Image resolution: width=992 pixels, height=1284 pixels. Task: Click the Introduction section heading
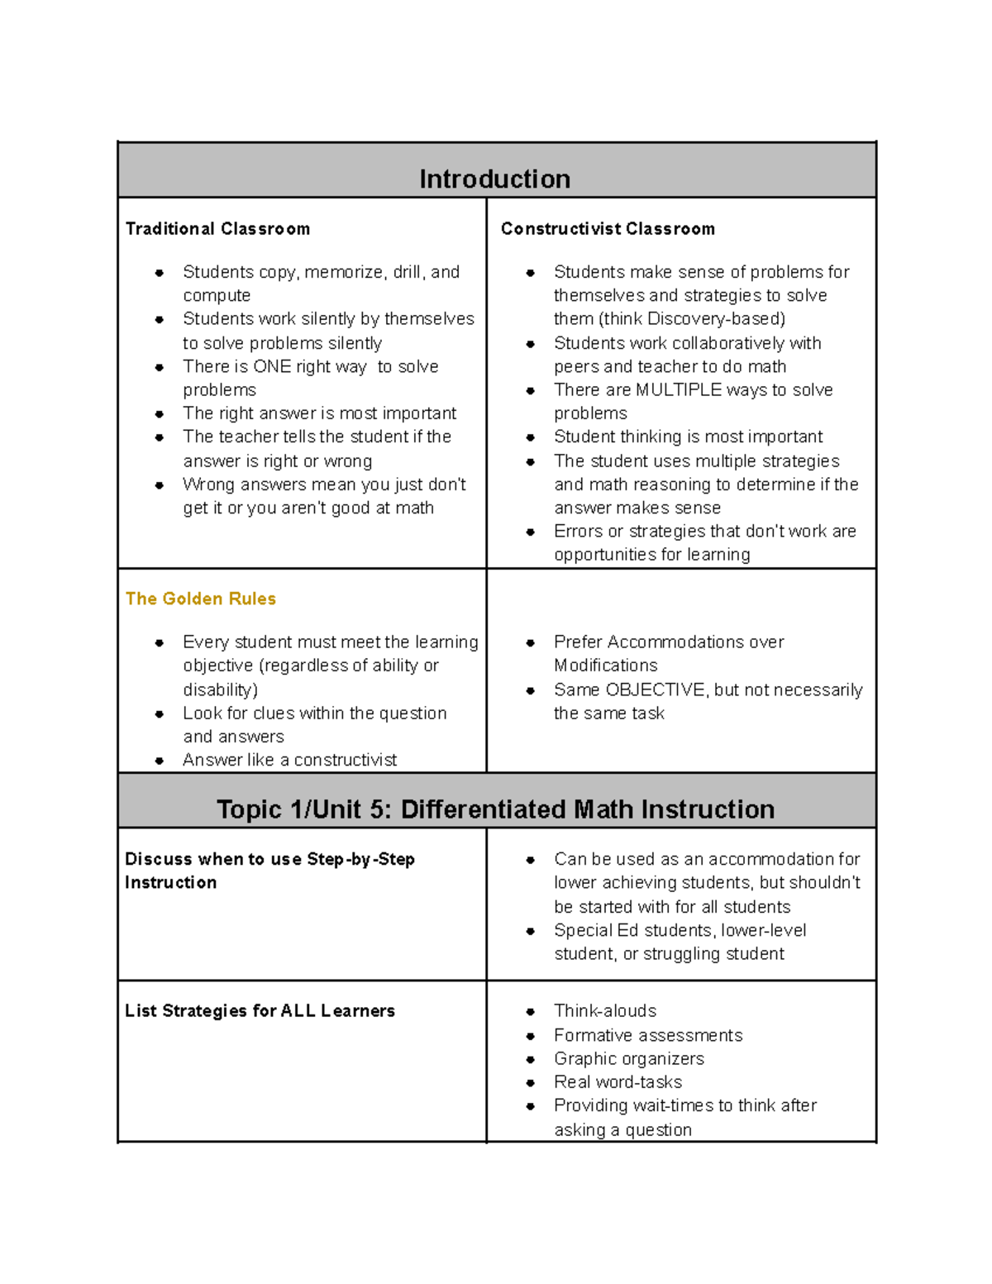pyautogui.click(x=494, y=179)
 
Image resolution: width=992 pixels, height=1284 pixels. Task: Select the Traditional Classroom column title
pyautogui.click(x=217, y=229)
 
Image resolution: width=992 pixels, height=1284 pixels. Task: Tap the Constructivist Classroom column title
pyautogui.click(x=608, y=229)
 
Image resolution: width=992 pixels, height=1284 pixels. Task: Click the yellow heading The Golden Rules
pyautogui.click(x=200, y=599)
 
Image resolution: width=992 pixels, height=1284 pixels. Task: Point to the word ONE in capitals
pyautogui.click(x=272, y=366)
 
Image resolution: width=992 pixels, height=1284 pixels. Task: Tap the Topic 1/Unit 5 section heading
pyautogui.click(x=495, y=809)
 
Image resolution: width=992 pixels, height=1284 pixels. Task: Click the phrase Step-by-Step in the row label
pyautogui.click(x=360, y=859)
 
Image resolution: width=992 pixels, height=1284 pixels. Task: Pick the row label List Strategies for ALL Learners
pyautogui.click(x=260, y=1010)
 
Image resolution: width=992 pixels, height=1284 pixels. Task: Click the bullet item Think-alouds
pyautogui.click(x=604, y=1010)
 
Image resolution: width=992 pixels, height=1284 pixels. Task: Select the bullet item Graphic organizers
pyautogui.click(x=628, y=1058)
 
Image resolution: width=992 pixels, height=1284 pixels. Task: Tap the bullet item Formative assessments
pyautogui.click(x=647, y=1035)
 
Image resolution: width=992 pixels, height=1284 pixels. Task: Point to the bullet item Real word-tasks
pyautogui.click(x=618, y=1081)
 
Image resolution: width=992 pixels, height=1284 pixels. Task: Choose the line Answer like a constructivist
pyautogui.click(x=289, y=760)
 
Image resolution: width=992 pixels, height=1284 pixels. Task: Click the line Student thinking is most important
pyautogui.click(x=688, y=437)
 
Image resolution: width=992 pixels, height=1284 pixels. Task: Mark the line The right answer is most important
pyautogui.click(x=319, y=413)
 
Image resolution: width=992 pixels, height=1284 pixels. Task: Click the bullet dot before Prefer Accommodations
pyautogui.click(x=531, y=642)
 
